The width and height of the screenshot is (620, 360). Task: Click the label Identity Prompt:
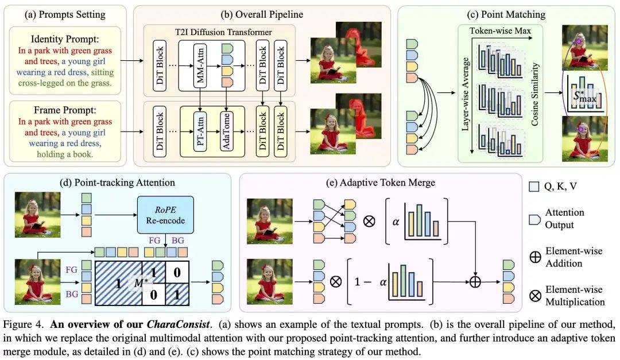pos(65,39)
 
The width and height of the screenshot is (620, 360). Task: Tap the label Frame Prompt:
pos(65,110)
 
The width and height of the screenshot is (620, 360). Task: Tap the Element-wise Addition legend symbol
pos(534,257)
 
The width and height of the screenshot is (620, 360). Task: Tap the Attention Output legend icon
pos(534,219)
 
